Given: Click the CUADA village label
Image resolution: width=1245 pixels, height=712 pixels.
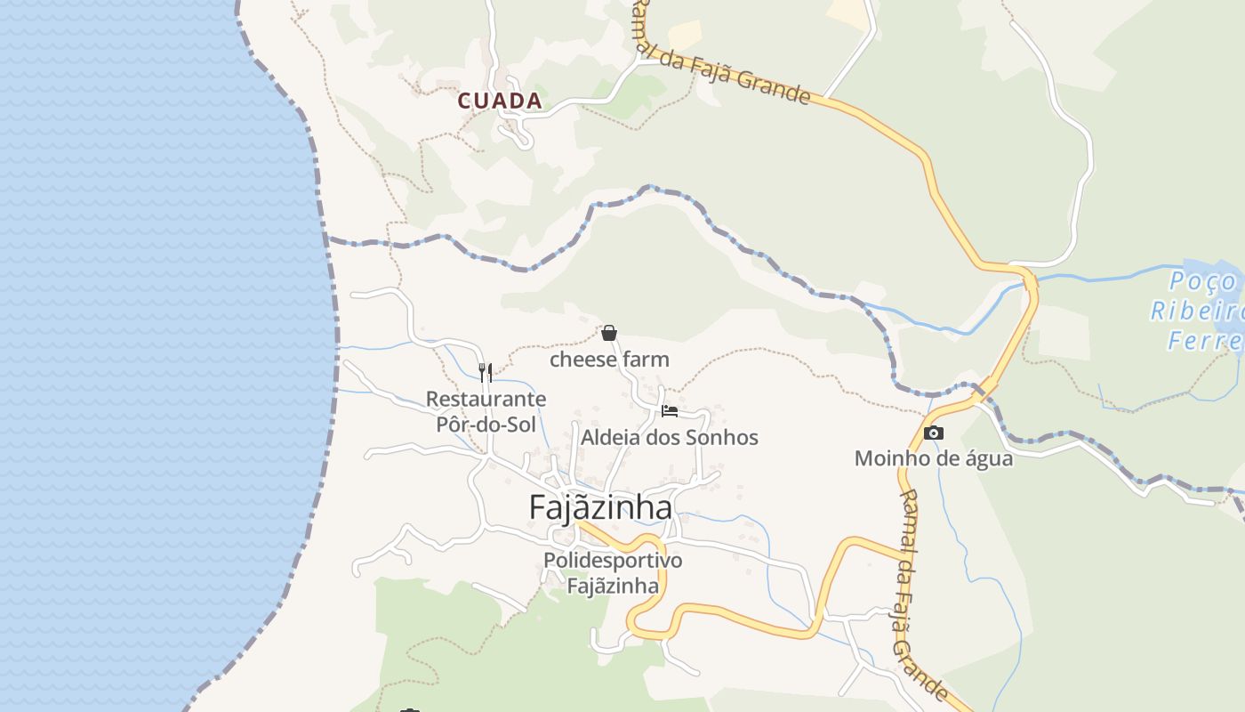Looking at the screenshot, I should point(500,101).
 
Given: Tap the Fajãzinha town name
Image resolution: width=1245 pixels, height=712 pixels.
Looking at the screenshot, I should point(600,507).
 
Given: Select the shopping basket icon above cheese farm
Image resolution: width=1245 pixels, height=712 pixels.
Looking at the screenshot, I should point(609,334).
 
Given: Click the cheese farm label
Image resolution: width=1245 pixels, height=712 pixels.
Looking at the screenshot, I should point(609,360).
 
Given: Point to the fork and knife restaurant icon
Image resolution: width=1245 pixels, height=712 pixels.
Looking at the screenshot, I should point(486,372).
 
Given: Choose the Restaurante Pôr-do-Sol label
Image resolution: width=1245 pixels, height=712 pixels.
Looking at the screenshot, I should point(486,411).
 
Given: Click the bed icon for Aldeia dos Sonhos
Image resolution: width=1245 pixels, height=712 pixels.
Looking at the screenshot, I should point(670,411).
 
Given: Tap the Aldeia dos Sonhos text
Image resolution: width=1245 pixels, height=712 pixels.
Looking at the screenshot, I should point(669,437).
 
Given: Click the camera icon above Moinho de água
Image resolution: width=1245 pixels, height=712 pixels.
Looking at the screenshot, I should point(933,433).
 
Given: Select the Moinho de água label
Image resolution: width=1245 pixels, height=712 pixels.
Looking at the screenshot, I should point(933,458).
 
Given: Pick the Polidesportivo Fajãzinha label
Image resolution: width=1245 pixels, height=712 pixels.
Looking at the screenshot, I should point(613,573).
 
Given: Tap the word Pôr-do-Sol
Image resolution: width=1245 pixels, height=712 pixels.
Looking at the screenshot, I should point(486,425).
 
